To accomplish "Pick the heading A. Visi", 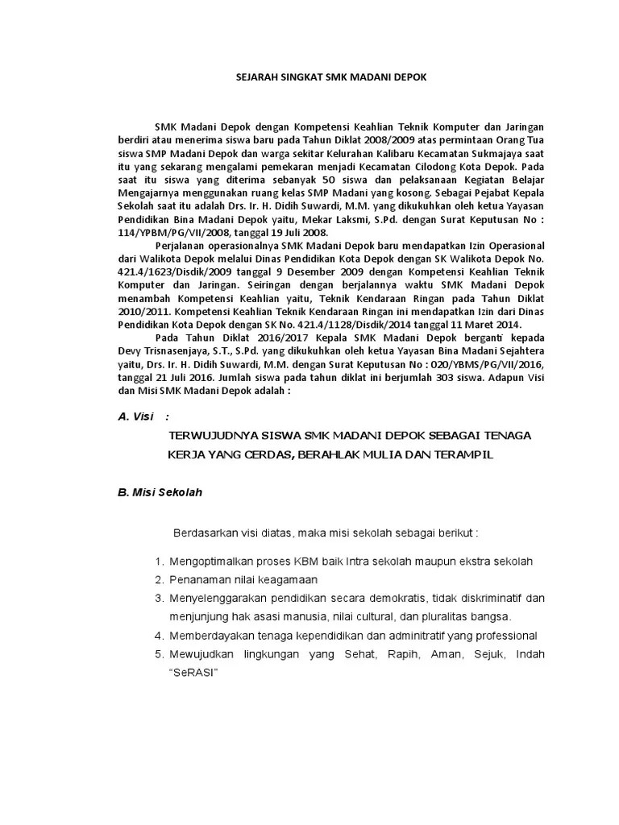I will click(135, 417).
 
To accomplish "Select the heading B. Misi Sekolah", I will click(160, 493).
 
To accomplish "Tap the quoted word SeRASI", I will click(193, 673).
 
